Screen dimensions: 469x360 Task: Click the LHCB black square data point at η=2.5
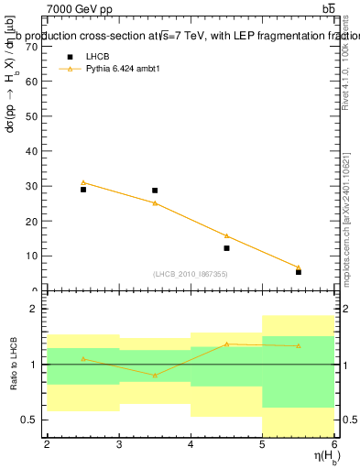[83, 190]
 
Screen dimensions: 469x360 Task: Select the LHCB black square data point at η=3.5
[155, 191]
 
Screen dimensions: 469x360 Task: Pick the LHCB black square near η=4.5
[226, 248]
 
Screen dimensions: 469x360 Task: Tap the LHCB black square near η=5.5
[299, 272]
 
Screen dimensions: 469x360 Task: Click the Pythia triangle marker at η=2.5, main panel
[83, 182]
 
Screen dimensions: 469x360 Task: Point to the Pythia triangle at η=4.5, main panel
[226, 235]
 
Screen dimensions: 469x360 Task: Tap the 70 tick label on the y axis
[30, 47]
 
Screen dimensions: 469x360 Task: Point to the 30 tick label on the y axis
[30, 187]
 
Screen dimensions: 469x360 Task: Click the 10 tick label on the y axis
[30, 256]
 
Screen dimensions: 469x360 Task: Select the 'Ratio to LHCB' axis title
[12, 365]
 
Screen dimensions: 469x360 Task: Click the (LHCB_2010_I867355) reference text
[191, 274]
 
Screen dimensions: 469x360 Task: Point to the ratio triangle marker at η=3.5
[155, 376]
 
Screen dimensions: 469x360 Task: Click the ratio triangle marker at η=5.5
[299, 345]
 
